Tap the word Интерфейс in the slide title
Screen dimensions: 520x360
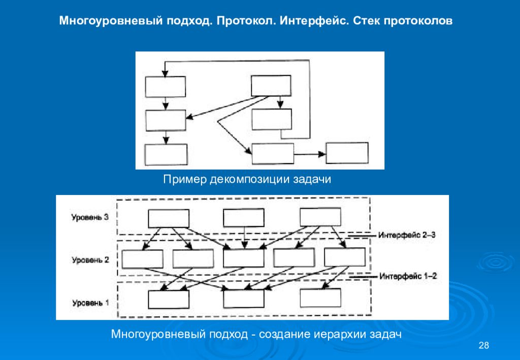click(x=314, y=21)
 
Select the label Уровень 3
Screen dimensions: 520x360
click(x=90, y=217)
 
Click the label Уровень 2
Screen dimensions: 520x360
click(x=90, y=260)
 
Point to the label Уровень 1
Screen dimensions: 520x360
click(x=90, y=303)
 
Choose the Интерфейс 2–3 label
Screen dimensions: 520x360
click(x=407, y=235)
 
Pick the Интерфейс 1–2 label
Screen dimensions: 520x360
click(x=408, y=276)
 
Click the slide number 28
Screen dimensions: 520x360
click(x=484, y=345)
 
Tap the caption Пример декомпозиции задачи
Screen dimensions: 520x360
click(x=247, y=179)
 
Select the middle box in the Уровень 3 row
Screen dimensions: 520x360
click(x=244, y=218)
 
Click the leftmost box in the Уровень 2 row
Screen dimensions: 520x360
click(x=143, y=259)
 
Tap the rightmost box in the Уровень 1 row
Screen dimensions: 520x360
click(x=320, y=298)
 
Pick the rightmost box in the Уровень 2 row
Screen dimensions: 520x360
click(x=345, y=257)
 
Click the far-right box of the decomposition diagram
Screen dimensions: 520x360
click(x=347, y=153)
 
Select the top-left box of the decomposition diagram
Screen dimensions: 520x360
click(x=166, y=87)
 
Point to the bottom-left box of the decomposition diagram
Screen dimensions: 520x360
click(x=166, y=154)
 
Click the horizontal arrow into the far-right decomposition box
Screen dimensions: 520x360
click(x=310, y=154)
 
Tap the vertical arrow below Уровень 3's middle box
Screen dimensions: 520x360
click(x=244, y=238)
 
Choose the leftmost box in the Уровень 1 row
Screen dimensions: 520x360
click(x=169, y=300)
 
